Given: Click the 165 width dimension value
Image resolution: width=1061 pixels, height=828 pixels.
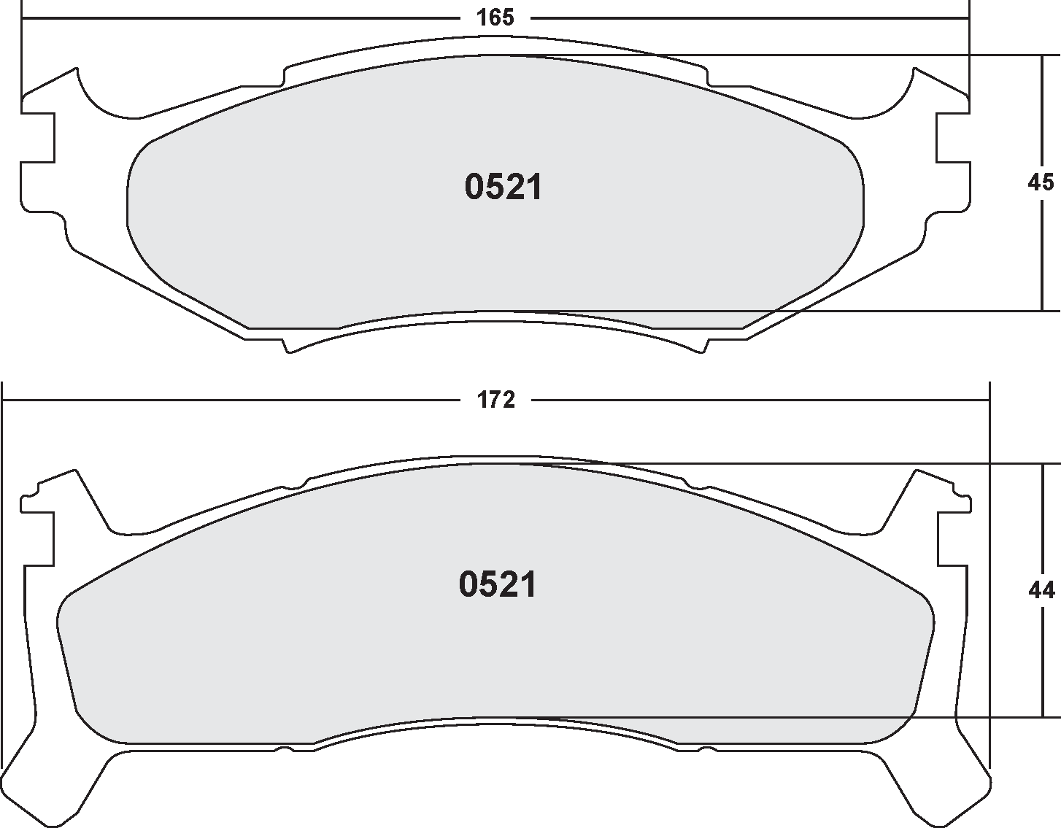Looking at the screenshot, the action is pyautogui.click(x=495, y=18).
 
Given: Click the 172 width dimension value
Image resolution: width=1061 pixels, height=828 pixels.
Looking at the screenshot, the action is pyautogui.click(x=496, y=400).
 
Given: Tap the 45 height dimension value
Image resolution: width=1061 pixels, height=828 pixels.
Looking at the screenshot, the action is pyautogui.click(x=1041, y=182).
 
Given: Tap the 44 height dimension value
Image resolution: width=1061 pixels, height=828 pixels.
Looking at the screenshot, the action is pyautogui.click(x=1041, y=589).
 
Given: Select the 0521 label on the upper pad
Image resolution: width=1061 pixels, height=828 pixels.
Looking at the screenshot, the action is pyautogui.click(x=504, y=188).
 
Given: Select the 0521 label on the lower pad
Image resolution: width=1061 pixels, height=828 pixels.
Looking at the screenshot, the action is pyautogui.click(x=498, y=585).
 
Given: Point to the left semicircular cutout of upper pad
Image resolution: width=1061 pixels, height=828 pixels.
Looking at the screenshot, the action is pyautogui.click(x=109, y=95).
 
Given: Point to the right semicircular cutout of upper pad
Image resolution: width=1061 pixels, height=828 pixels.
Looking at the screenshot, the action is pyautogui.click(x=883, y=95).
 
